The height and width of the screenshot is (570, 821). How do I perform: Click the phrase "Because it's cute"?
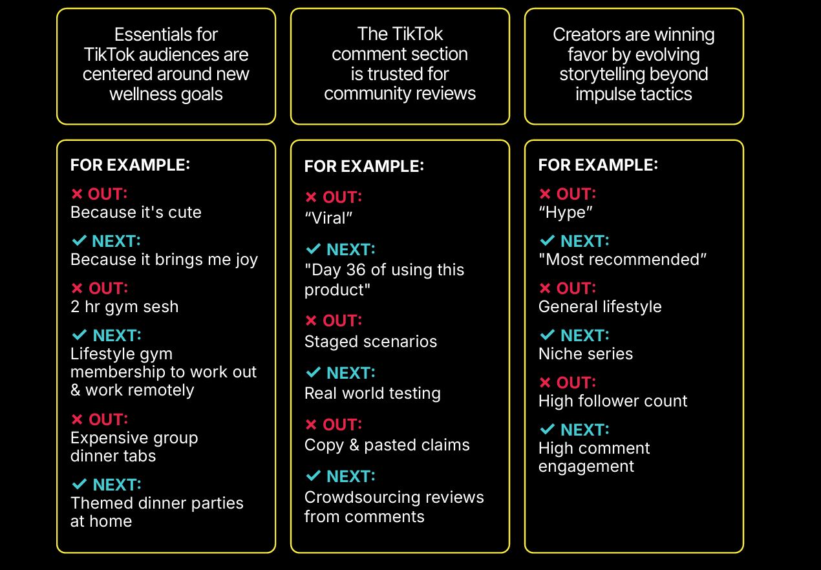[136, 213]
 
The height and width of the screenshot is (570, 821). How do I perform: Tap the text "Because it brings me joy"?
[164, 260]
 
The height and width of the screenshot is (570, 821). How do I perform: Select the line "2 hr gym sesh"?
[124, 307]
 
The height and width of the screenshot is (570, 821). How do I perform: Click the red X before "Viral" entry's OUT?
[311, 198]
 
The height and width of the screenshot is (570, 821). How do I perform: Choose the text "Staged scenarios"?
[370, 342]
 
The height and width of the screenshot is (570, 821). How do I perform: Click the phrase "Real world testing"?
[372, 394]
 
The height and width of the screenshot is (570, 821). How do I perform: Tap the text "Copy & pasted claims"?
[387, 445]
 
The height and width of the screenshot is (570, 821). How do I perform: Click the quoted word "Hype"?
[566, 213]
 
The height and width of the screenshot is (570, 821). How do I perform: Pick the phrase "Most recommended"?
[623, 260]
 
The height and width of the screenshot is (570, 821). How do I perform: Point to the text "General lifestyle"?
[600, 307]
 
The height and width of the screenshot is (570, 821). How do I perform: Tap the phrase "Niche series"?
[585, 354]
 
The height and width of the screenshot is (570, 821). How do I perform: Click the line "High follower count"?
[613, 401]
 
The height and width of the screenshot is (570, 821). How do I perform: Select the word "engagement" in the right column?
[586, 467]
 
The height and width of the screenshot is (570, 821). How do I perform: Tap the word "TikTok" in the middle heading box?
[418, 34]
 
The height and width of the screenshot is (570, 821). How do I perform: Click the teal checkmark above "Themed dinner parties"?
[80, 484]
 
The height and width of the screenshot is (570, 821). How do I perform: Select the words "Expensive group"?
[134, 438]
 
